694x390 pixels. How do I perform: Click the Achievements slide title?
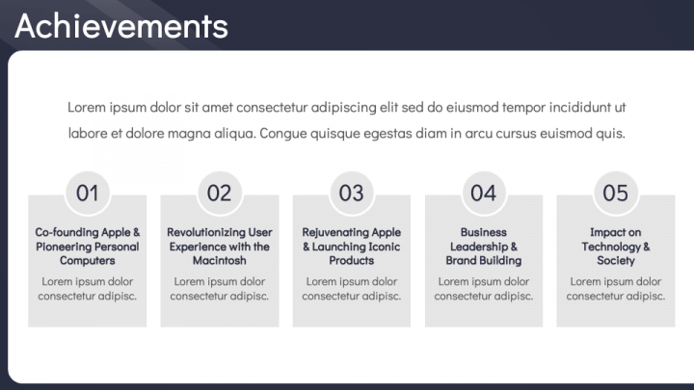point(121,26)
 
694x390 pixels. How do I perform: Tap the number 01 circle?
point(87,194)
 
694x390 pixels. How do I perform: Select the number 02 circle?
point(219,194)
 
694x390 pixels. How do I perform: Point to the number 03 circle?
point(352,194)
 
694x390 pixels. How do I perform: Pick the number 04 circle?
point(483,194)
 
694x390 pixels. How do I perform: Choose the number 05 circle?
point(615,194)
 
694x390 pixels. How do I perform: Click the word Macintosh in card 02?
point(220,260)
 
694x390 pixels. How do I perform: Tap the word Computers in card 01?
point(87,261)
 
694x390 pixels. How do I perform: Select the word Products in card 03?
point(352,260)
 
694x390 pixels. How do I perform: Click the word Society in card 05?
point(616,261)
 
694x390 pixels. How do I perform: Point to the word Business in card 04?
point(483,232)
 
